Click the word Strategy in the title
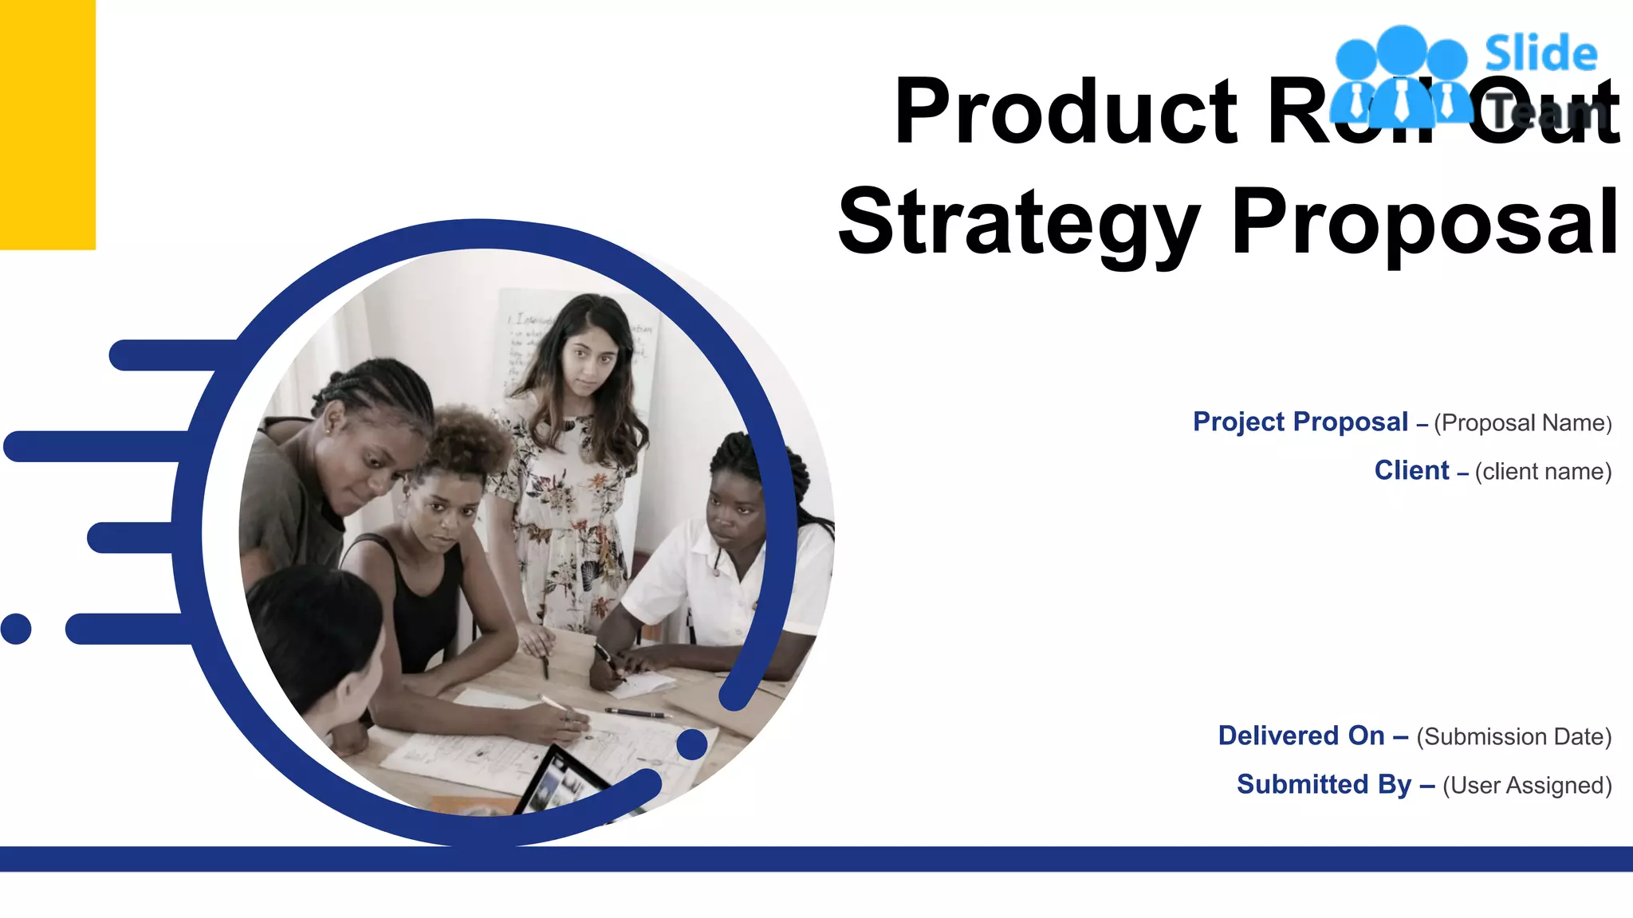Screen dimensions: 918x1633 (x=1018, y=222)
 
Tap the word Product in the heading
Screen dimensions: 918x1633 (x=1065, y=112)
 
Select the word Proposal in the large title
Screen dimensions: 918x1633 (x=1425, y=222)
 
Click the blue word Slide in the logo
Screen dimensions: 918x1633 (x=1541, y=54)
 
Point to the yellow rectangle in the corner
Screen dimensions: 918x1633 (x=47, y=124)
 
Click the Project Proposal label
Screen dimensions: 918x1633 (x=1300, y=422)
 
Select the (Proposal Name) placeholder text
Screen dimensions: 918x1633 (x=1522, y=423)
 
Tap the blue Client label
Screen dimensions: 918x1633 (x=1411, y=470)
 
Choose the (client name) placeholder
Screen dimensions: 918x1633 (x=1543, y=472)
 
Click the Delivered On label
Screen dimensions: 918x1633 (x=1300, y=736)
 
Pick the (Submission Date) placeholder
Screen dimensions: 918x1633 (x=1513, y=737)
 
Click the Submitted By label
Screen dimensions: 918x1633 (x=1324, y=784)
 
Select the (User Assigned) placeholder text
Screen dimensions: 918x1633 (x=1527, y=786)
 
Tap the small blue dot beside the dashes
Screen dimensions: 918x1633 (x=16, y=629)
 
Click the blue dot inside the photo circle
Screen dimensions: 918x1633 (x=691, y=744)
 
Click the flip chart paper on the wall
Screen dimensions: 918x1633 (x=526, y=343)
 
